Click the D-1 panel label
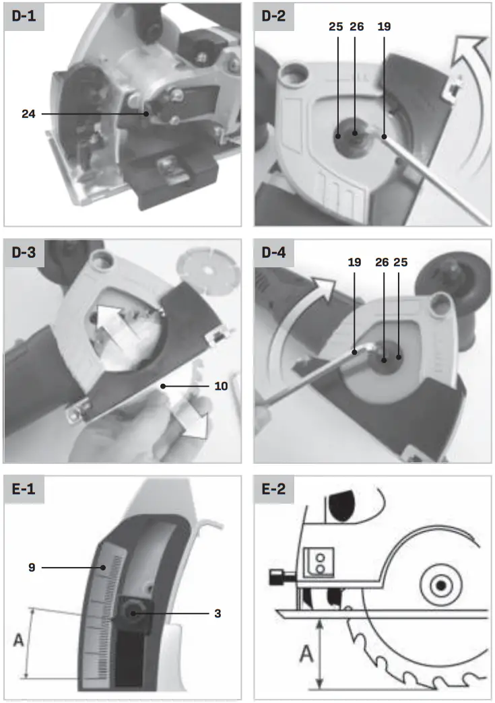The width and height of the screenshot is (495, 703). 24,17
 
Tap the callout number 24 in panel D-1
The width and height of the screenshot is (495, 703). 28,114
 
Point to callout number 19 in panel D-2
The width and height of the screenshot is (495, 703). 385,28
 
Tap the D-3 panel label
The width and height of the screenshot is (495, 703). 24,255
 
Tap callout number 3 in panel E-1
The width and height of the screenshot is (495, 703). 217,613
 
